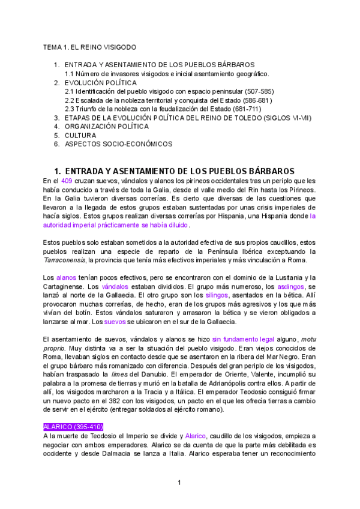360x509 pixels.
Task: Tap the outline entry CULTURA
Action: click(80, 136)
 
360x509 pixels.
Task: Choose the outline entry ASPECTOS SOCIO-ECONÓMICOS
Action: click(118, 144)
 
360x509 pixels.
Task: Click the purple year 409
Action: click(67, 181)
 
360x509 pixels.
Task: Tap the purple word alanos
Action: click(66, 277)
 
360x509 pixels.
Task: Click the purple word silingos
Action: click(217, 295)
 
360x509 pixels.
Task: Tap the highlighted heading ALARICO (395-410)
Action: click(74, 427)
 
